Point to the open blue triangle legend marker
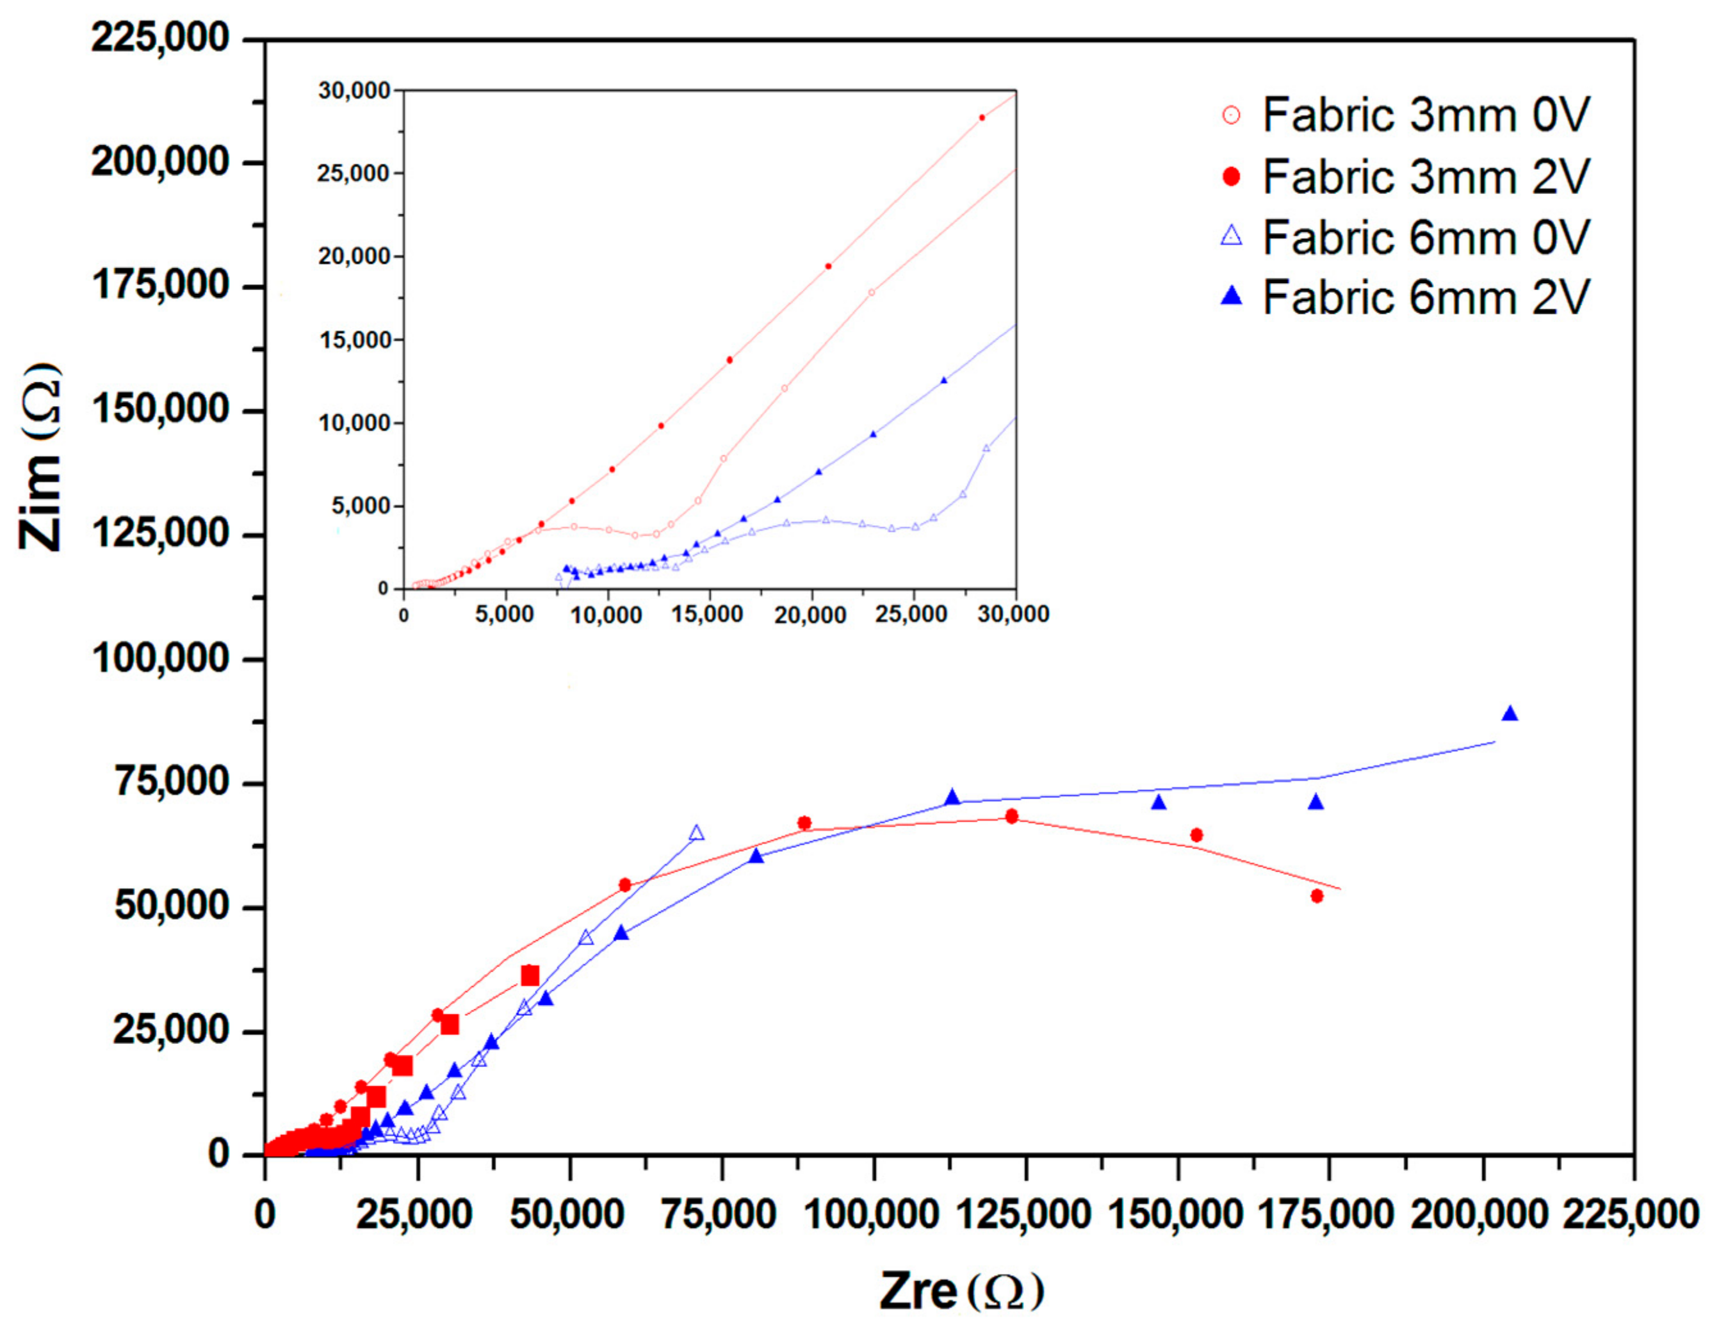(1232, 236)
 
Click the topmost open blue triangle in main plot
(697, 833)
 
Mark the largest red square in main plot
(530, 976)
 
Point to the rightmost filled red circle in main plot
(1317, 896)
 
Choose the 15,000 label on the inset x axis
(707, 615)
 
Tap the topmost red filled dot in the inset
(981, 118)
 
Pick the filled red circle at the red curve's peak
(1011, 816)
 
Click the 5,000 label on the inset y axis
(361, 506)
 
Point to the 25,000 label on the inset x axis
(911, 615)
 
